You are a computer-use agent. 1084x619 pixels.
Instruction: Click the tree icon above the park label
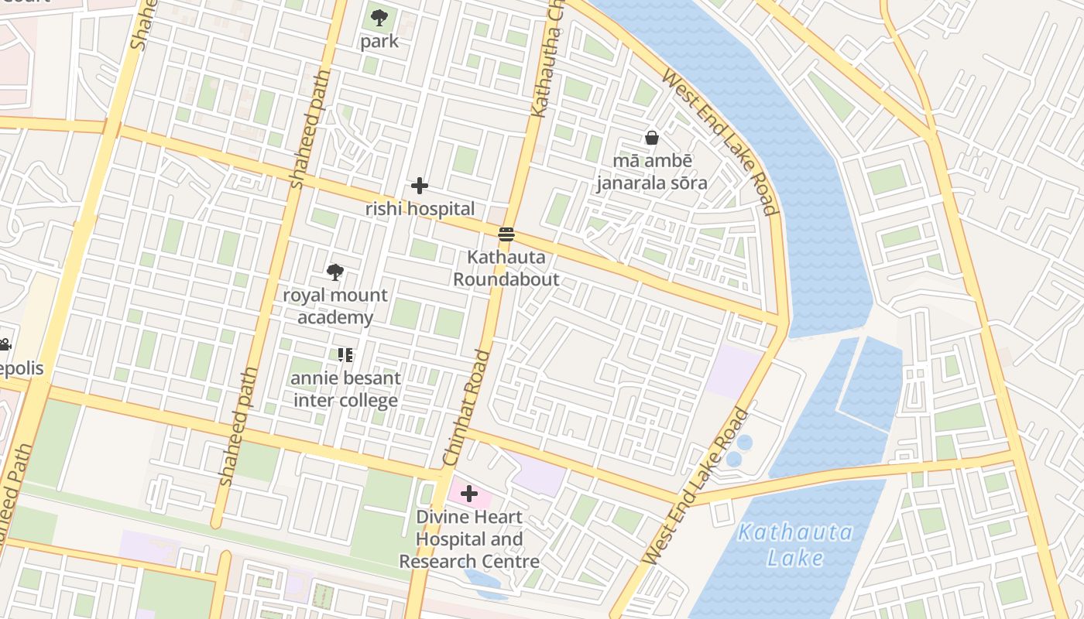click(379, 17)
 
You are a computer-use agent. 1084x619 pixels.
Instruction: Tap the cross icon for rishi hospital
click(420, 186)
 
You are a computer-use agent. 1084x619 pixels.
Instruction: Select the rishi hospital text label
click(420, 209)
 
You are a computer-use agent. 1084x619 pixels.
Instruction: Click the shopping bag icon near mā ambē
click(652, 138)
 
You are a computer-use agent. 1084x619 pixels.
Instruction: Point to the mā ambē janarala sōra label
click(651, 172)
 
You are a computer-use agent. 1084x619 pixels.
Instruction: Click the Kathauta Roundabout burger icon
click(506, 234)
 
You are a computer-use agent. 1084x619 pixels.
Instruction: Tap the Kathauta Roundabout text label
click(506, 268)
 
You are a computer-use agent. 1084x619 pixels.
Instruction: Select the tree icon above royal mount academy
click(335, 272)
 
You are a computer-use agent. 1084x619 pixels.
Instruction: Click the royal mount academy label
click(335, 306)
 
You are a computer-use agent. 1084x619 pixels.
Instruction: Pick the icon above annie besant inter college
click(345, 355)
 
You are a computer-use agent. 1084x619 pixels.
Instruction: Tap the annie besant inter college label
click(346, 389)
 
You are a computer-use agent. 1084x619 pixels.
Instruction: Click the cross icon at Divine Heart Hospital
click(469, 494)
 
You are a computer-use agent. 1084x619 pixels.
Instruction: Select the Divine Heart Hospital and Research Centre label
click(469, 539)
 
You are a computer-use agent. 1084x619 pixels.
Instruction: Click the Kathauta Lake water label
click(795, 545)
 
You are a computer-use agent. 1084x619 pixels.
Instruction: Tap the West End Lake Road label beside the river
click(719, 143)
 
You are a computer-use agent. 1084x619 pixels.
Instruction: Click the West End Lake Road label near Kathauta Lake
click(696, 486)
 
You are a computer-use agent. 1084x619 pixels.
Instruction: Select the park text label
click(379, 41)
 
